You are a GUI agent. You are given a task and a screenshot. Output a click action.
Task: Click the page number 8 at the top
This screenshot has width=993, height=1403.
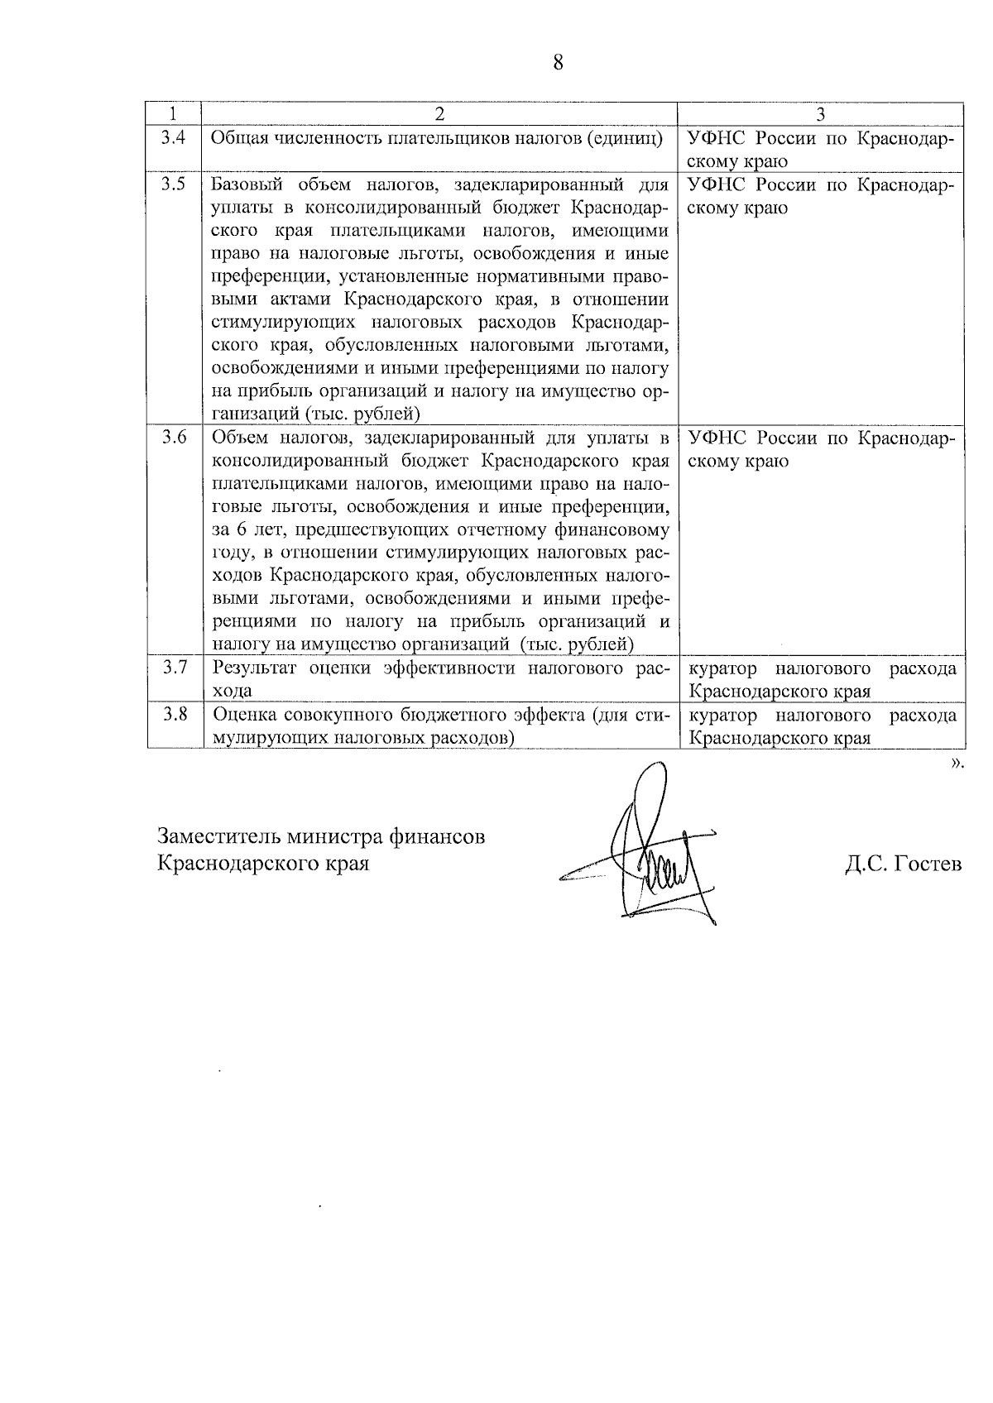click(557, 62)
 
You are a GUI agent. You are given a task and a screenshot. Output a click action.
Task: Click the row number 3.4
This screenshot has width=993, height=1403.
click(174, 137)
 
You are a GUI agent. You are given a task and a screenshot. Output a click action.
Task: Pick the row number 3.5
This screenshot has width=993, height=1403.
click(174, 184)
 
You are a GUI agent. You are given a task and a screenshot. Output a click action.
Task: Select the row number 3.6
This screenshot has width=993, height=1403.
click(174, 438)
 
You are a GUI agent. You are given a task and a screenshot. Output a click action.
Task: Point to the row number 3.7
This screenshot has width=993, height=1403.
click(174, 667)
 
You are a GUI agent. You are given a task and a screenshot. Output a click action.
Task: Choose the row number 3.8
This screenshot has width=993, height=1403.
click(174, 714)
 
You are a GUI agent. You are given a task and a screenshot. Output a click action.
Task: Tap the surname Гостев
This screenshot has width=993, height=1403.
click(928, 864)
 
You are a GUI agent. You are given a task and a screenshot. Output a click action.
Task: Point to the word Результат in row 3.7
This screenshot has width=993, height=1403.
click(251, 668)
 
